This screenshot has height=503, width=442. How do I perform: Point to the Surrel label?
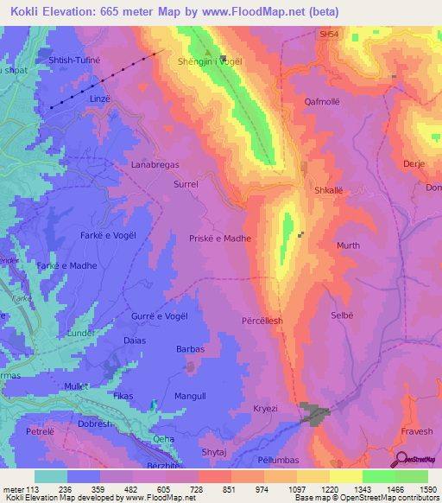(186, 184)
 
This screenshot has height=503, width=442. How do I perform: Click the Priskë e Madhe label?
(220, 238)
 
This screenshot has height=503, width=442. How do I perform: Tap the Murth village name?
(348, 245)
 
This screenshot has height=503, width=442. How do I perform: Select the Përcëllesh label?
(262, 320)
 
